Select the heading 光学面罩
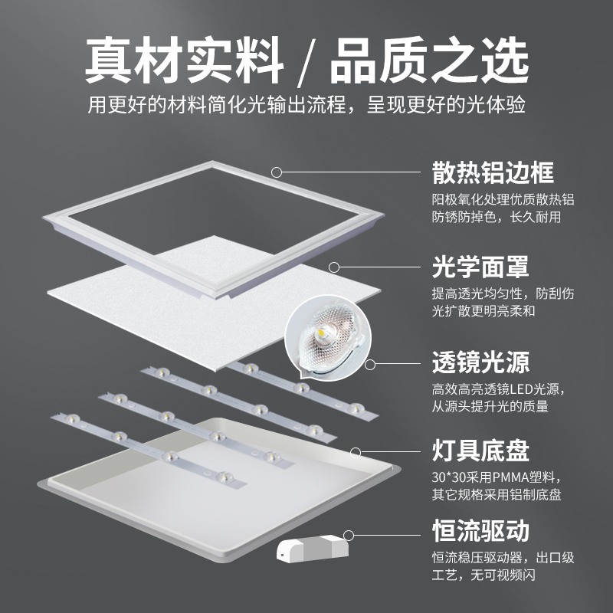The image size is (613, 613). point(480,267)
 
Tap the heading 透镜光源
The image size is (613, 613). point(480,362)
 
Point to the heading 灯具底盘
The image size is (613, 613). point(480,451)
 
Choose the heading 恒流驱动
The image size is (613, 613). point(480,532)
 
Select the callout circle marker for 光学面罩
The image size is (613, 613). point(334,267)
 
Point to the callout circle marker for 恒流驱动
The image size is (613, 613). point(349,533)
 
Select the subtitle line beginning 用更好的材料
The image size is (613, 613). point(306,105)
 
